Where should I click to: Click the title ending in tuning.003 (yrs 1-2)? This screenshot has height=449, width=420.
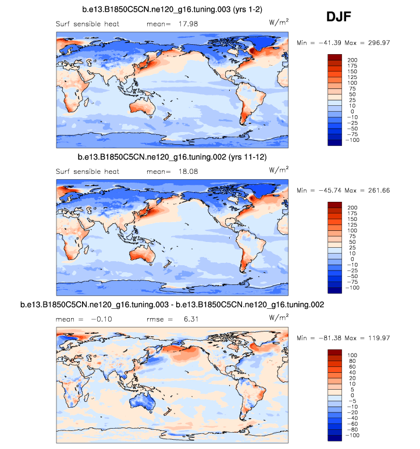pyautogui.click(x=172, y=10)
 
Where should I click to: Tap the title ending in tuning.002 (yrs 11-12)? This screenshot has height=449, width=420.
pyautogui.click(x=172, y=158)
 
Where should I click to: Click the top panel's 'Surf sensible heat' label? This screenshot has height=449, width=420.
pyautogui.click(x=87, y=24)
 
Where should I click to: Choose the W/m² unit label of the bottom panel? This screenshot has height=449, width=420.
pyautogui.click(x=278, y=318)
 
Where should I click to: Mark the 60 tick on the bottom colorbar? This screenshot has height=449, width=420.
pyautogui.click(x=351, y=366)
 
